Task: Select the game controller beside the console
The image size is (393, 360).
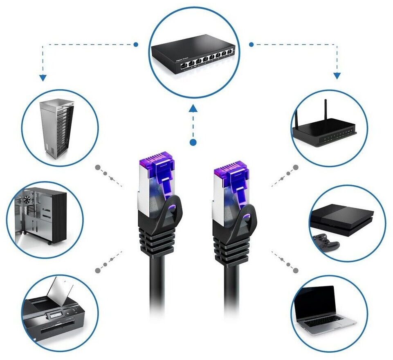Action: pos(326,242)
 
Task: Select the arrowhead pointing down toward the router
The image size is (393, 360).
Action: pos(337,75)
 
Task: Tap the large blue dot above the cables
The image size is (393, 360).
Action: pos(193,142)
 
